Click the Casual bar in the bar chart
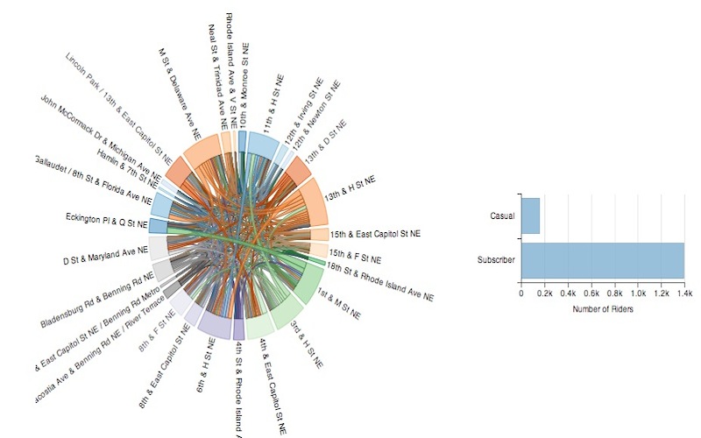pos(531,215)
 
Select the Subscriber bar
pos(602,261)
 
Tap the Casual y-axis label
pos(502,215)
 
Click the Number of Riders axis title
pos(602,308)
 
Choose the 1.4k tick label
pos(683,293)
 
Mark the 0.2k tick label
pos(544,293)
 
